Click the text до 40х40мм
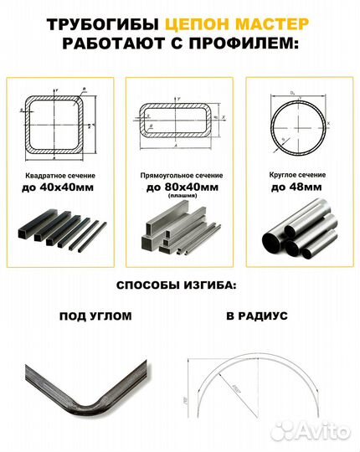tap(60, 189)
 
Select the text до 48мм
tap(298, 189)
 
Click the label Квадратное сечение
tap(60, 177)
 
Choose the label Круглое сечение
tap(298, 177)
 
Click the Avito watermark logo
tap(322, 430)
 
